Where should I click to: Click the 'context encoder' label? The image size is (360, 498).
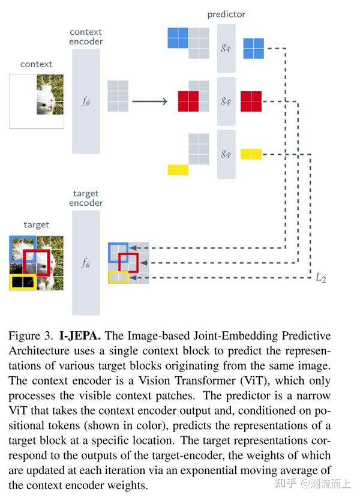(86, 37)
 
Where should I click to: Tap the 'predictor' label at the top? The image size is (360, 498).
(226, 14)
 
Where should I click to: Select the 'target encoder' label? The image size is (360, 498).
(86, 198)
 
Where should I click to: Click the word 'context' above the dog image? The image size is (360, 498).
(36, 64)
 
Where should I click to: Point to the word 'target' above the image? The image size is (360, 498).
(36, 224)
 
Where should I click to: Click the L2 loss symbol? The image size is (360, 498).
(321, 278)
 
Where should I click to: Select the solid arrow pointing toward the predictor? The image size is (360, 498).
(149, 101)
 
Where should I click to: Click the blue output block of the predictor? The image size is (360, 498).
(253, 48)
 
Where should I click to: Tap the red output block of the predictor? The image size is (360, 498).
(251, 101)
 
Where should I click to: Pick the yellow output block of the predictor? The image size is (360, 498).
(251, 154)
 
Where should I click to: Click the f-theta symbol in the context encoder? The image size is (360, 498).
(86, 101)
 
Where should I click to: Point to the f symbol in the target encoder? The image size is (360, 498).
(86, 263)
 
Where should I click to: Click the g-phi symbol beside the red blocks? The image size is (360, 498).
(226, 101)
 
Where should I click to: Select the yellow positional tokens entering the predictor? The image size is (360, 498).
(178, 169)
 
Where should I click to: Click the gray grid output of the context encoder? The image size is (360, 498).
(118, 96)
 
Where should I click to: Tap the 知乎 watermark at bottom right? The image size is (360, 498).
(284, 483)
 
